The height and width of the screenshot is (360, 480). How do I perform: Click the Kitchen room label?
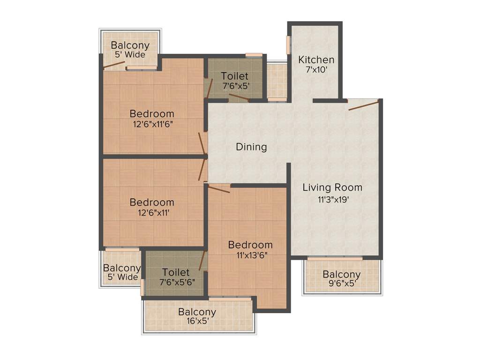point(316,60)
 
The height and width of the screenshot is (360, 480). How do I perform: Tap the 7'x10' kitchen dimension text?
point(316,69)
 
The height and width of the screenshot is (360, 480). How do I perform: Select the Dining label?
point(251,147)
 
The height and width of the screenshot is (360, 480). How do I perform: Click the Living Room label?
point(332,187)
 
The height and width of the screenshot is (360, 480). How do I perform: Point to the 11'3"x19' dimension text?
point(332,199)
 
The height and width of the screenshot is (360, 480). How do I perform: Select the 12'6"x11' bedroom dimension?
point(152,213)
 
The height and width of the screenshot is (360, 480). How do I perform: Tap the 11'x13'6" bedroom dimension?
point(250,255)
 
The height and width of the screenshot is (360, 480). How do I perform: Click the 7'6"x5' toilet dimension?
point(234,86)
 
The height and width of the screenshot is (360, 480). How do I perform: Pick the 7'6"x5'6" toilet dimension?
point(176,282)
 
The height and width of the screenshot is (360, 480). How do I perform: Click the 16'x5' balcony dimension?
point(197,322)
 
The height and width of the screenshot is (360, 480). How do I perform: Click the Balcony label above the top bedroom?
point(130,45)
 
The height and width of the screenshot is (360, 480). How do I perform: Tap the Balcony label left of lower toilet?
point(122,268)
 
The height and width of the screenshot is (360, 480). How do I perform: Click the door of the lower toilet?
point(202,261)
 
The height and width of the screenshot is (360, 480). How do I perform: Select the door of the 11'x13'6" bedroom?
point(218,188)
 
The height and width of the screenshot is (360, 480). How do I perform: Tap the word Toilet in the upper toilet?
point(234,76)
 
